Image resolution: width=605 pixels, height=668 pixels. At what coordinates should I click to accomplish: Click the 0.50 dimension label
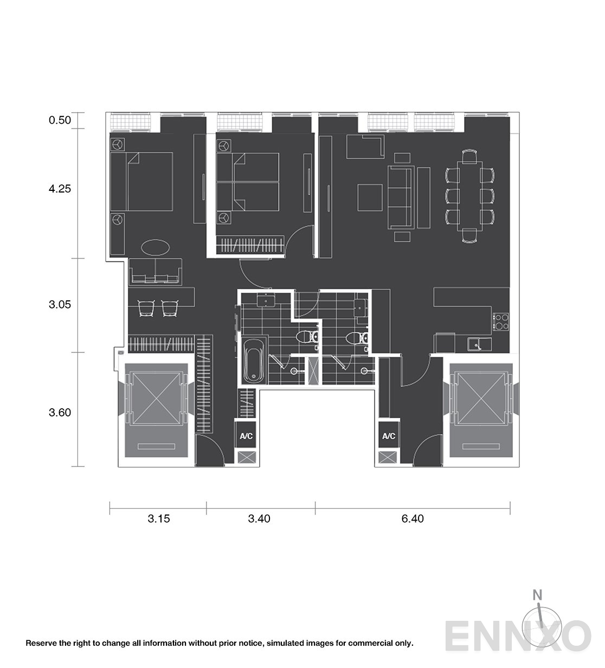pos(60,120)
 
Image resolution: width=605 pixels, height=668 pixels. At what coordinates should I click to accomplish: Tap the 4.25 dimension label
pos(60,189)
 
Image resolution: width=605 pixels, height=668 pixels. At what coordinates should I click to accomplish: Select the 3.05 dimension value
pos(60,304)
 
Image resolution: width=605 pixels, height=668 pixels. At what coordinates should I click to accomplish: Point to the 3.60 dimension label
pos(60,413)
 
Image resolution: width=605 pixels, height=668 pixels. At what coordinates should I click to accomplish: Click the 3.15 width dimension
pos(159,518)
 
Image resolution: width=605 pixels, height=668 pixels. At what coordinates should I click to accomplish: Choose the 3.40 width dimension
pos(259,518)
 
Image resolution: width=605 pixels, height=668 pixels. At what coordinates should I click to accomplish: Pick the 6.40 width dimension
pos(413,518)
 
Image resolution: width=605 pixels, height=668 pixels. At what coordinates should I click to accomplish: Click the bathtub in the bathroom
pos(254,361)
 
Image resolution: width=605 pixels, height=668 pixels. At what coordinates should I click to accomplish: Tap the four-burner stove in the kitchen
pos(501,322)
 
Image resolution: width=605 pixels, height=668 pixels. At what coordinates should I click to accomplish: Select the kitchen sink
pos(479,344)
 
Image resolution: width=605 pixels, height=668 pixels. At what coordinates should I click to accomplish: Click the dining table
pos(470,196)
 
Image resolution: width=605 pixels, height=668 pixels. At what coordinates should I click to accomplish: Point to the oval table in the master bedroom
pos(156,247)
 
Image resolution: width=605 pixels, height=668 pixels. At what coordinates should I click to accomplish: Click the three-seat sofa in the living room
pos(401,197)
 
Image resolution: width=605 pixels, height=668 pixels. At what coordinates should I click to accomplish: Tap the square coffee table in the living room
pos(370,197)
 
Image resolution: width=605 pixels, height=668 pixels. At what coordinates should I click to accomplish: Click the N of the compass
pos(537,595)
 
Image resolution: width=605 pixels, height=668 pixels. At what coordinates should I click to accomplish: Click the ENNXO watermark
pos(518,636)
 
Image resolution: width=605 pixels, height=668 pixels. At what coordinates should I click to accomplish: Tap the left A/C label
pos(247,436)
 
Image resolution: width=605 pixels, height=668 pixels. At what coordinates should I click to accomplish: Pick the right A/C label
pos(389,436)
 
